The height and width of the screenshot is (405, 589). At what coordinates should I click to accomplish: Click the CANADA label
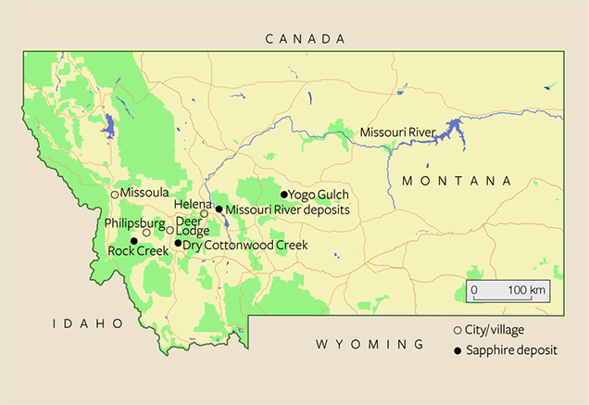click(305, 39)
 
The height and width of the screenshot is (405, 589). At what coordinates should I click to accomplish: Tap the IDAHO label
click(88, 323)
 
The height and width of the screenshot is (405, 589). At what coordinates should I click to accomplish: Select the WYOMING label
click(370, 344)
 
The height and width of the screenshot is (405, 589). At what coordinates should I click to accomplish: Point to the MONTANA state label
click(456, 180)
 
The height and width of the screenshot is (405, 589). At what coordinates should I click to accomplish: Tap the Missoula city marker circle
click(115, 194)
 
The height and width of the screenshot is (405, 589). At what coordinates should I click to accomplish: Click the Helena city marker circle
click(205, 213)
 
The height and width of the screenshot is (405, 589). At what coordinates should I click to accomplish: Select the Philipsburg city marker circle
click(146, 232)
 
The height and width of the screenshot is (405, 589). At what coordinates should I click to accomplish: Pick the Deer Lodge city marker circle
click(169, 230)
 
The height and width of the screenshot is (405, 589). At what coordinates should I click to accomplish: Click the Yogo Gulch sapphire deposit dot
click(284, 195)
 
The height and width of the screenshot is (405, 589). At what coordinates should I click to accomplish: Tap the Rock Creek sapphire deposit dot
click(134, 241)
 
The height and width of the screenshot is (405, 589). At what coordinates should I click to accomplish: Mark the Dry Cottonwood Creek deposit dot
click(178, 243)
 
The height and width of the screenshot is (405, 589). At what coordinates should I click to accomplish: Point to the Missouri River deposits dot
click(219, 209)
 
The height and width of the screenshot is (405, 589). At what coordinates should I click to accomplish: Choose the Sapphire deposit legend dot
click(457, 351)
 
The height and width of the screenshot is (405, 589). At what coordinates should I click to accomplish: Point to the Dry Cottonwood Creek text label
click(244, 246)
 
